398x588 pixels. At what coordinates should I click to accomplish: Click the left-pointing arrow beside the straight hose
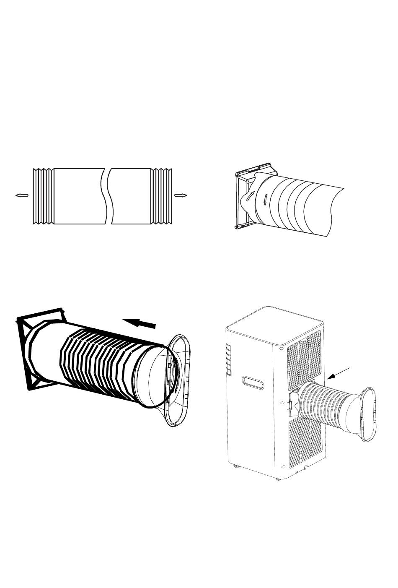click(21, 195)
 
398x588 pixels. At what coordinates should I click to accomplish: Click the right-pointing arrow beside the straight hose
click(181, 195)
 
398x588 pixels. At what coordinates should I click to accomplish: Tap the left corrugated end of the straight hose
click(43, 196)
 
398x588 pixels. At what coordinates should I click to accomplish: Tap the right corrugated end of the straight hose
click(162, 196)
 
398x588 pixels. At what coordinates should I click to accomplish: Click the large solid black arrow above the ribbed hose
click(139, 323)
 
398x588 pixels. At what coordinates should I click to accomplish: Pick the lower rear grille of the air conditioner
click(305, 440)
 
